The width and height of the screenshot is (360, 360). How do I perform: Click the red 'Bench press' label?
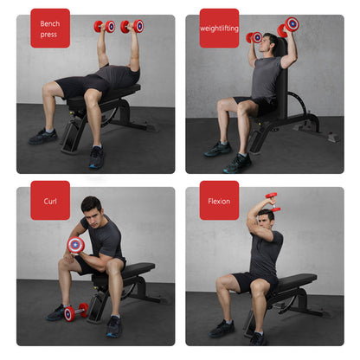(50, 28)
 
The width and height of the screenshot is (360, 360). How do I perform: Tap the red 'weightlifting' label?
(219, 28)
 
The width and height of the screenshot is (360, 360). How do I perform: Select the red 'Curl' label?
(50, 201)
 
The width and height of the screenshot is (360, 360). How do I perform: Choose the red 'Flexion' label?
(219, 201)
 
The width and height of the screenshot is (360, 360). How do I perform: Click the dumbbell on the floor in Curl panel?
(74, 312)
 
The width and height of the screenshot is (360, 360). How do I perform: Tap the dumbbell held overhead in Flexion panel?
(271, 202)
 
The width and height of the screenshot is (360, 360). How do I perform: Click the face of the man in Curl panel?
(92, 210)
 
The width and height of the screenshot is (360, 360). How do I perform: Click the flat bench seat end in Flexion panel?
(307, 280)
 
